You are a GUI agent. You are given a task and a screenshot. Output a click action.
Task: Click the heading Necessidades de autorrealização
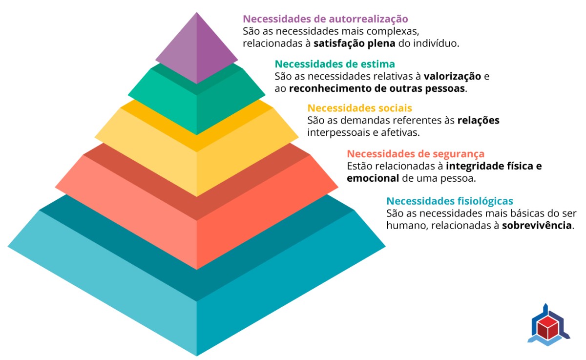click(325, 19)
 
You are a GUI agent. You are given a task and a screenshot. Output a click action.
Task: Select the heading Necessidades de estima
click(335, 64)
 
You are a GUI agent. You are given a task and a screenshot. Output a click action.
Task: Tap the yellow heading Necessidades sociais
click(360, 108)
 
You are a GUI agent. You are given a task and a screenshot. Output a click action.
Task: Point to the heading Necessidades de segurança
click(416, 154)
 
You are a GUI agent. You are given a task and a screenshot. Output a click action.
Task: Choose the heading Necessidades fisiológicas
click(450, 201)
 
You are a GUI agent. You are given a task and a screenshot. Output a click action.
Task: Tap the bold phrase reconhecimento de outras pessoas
click(377, 89)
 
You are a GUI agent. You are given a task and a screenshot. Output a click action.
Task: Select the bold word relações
click(478, 120)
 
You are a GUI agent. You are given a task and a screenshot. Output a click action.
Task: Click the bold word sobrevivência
click(537, 226)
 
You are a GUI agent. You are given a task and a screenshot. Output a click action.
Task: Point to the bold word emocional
click(373, 178)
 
